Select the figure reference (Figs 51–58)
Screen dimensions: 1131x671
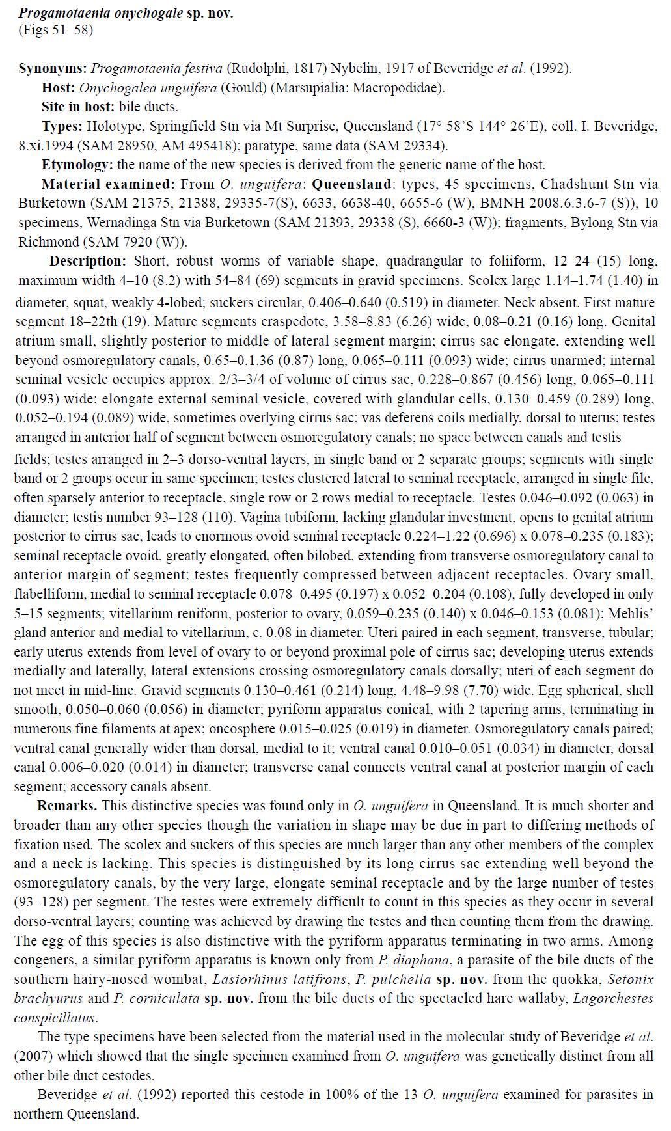click(55, 30)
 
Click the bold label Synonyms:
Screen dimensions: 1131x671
click(53, 68)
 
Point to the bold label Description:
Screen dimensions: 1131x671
click(88, 262)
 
